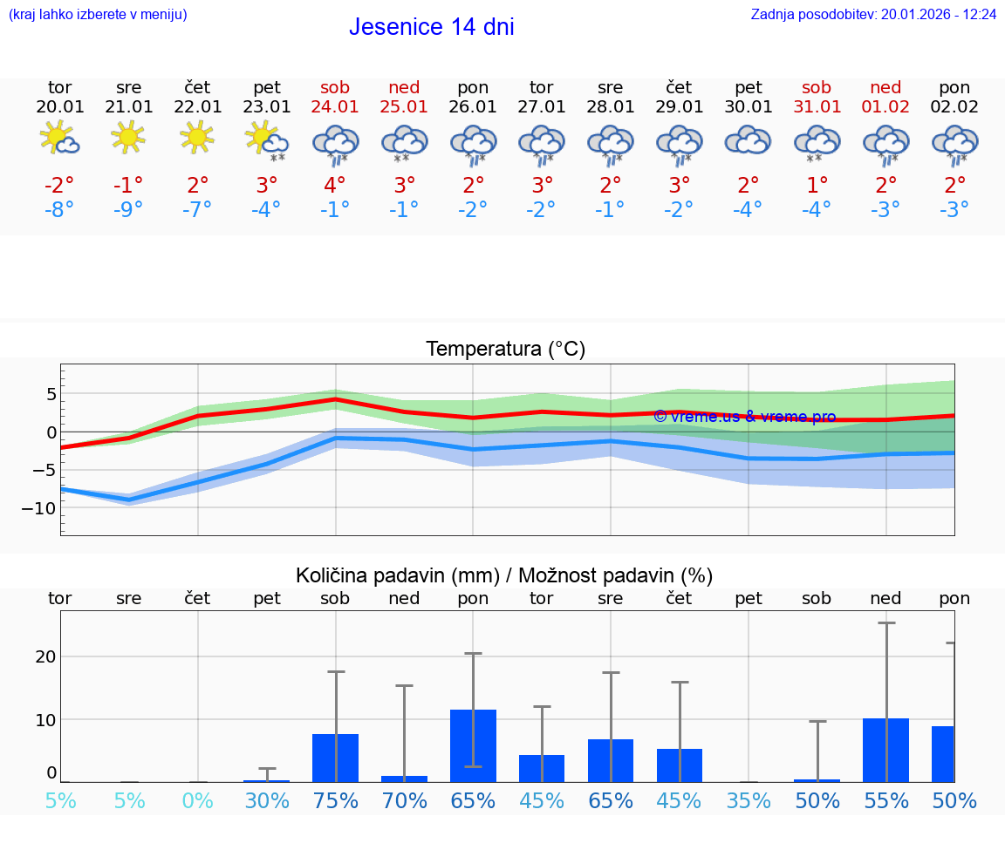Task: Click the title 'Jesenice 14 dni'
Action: point(431,27)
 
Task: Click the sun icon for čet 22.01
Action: point(197,136)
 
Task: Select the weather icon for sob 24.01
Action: point(336,144)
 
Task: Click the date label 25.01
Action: point(404,107)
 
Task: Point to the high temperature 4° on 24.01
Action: point(335,186)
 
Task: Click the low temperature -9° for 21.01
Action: point(128,210)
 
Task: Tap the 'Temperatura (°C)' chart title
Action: point(505,350)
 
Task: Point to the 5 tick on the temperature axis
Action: point(51,394)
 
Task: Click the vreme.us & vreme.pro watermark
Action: point(744,417)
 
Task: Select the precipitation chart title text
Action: point(504,575)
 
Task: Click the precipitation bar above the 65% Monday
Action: point(473,746)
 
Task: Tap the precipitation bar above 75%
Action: point(335,758)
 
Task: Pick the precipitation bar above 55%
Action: point(885,751)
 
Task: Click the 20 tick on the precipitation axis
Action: point(46,656)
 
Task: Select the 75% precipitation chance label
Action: point(335,800)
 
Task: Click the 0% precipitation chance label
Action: point(198,800)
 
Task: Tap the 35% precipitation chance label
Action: point(749,800)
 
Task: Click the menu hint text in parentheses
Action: point(98,15)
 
